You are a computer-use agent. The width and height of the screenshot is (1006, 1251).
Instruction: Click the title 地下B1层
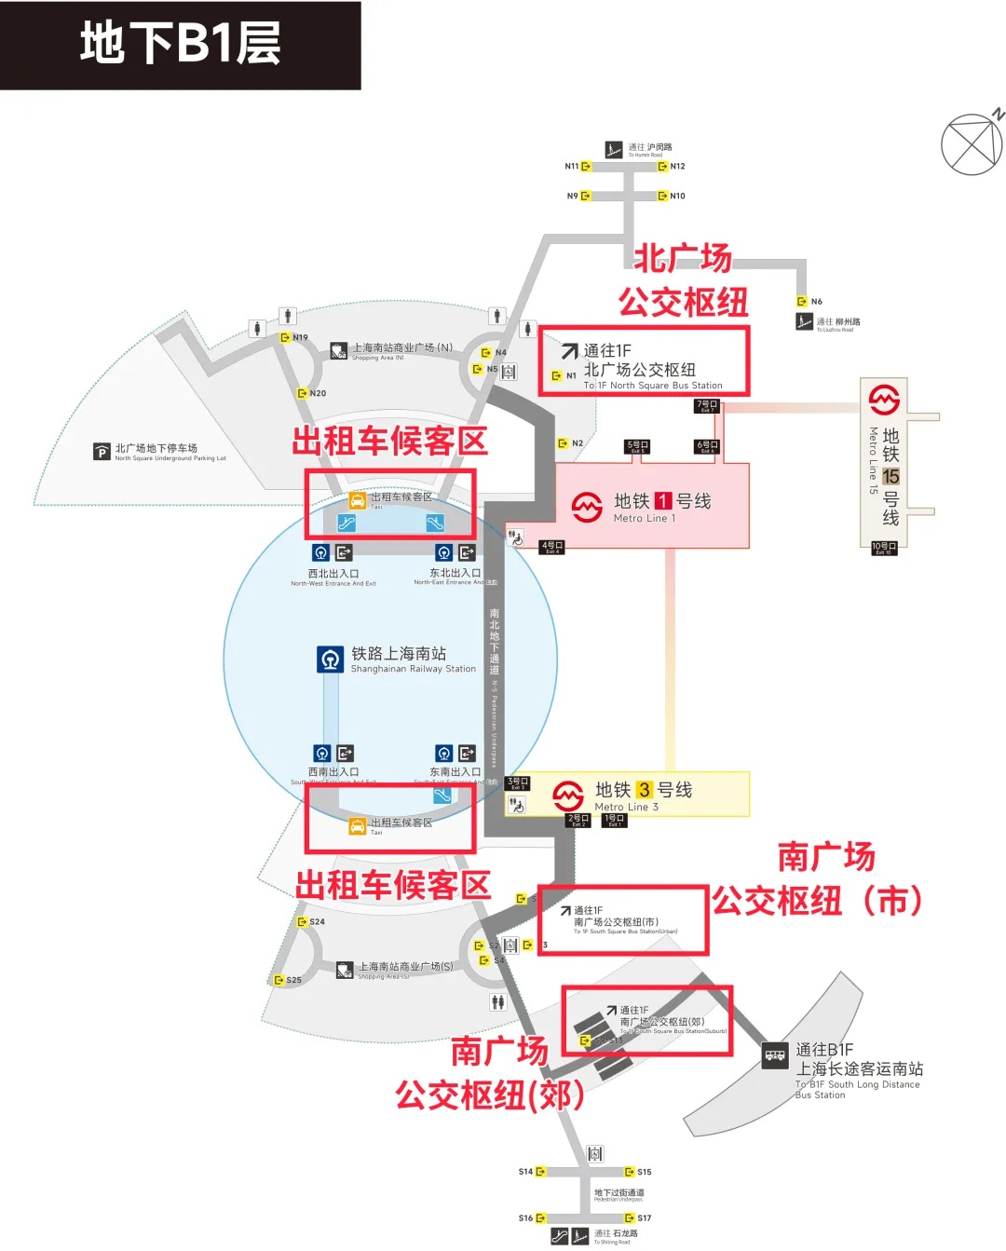180,44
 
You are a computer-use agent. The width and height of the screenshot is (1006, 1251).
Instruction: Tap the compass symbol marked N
972,144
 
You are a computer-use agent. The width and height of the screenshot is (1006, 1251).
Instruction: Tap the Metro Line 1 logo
587,508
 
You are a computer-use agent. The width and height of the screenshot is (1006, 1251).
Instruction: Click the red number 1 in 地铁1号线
663,501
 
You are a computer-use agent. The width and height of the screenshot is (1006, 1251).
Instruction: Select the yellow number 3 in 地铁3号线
645,790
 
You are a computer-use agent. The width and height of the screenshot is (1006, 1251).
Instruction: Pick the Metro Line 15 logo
884,399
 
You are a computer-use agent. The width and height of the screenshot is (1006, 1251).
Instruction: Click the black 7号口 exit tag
707,405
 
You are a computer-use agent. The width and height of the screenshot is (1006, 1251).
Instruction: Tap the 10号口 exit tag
884,547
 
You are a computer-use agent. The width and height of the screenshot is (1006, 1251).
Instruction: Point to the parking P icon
102,453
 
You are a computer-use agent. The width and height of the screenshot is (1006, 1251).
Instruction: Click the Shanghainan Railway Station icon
330,659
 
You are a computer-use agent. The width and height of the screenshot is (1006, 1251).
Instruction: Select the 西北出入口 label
333,574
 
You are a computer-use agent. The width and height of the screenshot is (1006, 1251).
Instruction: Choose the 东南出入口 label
455,772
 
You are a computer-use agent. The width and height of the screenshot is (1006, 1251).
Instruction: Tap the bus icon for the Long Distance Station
775,1055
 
